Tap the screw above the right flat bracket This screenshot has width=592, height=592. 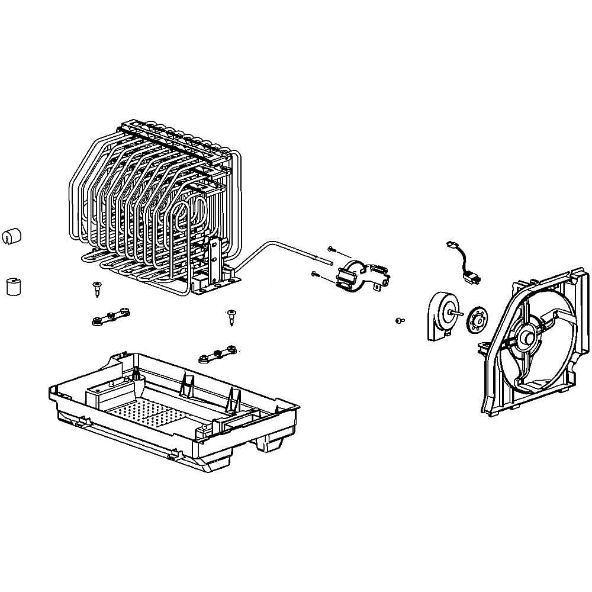pyautogui.click(x=231, y=316)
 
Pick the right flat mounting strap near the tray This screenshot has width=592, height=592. pyautogui.click(x=218, y=355)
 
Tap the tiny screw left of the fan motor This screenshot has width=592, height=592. pyautogui.click(x=399, y=320)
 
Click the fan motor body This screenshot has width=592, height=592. pyautogui.click(x=439, y=316)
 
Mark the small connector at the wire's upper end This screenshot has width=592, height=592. pyautogui.click(x=449, y=244)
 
